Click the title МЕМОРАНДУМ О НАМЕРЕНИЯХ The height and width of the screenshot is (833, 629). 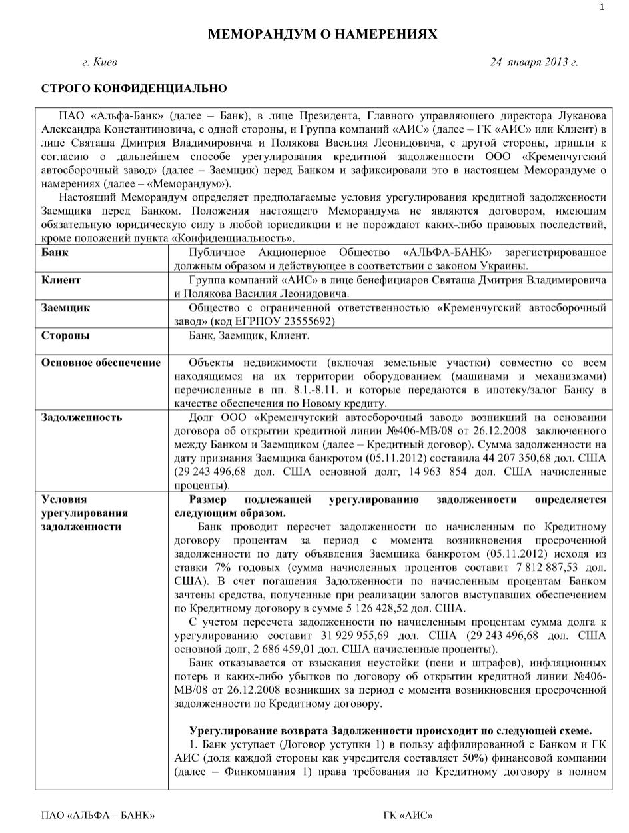(x=322, y=35)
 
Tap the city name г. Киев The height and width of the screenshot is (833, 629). (x=99, y=63)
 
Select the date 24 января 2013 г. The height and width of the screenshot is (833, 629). (x=534, y=63)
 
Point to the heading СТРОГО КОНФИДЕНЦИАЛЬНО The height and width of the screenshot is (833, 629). (x=134, y=89)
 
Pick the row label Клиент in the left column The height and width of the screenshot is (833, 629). (x=61, y=280)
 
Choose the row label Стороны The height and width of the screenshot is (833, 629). (x=65, y=335)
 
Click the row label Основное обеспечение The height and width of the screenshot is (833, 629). (x=101, y=363)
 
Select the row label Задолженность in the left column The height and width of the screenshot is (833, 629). (x=81, y=417)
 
